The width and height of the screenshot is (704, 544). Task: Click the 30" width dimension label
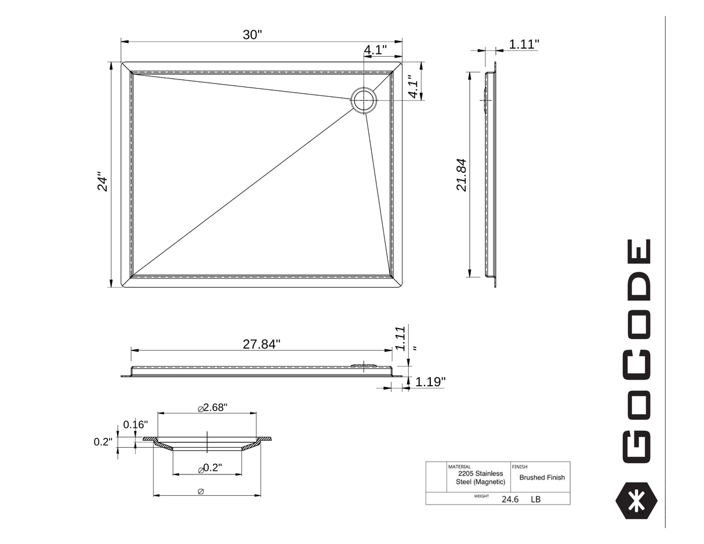click(252, 35)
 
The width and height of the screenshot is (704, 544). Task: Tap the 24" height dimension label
click(103, 181)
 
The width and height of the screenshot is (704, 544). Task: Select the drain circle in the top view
click(364, 100)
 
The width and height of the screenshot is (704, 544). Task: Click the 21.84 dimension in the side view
click(462, 175)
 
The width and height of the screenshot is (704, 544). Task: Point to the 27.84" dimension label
click(261, 344)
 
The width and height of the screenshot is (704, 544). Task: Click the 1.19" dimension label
click(430, 382)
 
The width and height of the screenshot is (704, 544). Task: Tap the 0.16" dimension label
click(135, 425)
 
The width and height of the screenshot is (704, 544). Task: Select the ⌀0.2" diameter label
click(210, 468)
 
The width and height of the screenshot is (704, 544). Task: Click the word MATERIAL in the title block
click(459, 466)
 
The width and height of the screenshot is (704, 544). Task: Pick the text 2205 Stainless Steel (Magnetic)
click(480, 478)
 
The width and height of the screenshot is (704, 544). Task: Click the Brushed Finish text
click(542, 478)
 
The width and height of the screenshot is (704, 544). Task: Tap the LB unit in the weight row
click(535, 499)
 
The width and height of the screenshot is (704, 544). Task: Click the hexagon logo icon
click(636, 500)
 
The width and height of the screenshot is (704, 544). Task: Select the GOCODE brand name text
click(637, 350)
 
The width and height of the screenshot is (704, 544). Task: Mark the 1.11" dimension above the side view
click(524, 44)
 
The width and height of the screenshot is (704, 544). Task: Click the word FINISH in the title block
click(520, 466)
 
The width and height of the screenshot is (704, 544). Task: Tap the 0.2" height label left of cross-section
click(103, 442)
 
